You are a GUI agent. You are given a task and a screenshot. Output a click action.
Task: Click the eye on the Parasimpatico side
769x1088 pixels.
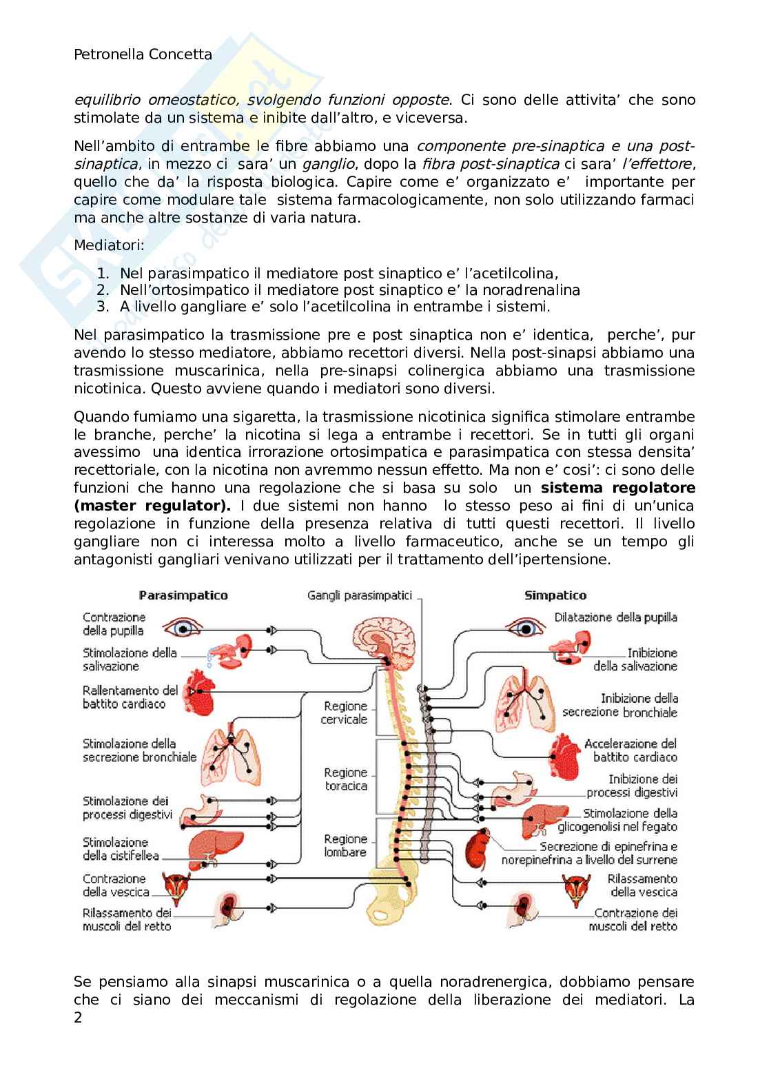click(x=183, y=628)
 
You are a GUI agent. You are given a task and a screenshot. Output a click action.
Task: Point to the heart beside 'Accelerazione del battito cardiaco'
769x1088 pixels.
click(x=566, y=754)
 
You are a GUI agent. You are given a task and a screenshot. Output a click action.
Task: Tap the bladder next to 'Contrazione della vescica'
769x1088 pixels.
click(x=176, y=886)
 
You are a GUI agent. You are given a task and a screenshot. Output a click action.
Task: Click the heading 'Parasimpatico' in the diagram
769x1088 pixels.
click(x=183, y=595)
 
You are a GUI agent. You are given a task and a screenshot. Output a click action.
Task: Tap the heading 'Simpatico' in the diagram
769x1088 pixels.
click(x=555, y=595)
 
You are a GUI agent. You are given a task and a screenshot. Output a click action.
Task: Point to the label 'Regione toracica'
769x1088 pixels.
click(x=346, y=779)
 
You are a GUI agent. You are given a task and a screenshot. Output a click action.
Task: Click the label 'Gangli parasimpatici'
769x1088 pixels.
click(x=360, y=595)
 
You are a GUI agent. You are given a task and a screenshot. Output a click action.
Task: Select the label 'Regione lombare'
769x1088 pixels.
click(x=346, y=845)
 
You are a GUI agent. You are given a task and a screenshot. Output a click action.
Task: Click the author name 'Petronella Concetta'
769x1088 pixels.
click(x=143, y=54)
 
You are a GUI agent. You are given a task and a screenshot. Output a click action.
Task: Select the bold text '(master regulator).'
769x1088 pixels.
click(x=153, y=505)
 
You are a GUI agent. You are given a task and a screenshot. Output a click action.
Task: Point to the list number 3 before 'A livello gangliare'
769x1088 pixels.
click(x=103, y=307)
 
